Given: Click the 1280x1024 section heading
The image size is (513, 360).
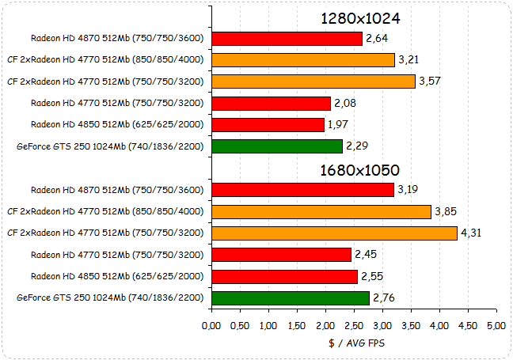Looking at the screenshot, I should pos(360,18).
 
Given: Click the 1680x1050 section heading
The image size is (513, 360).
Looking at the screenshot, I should pos(360,169).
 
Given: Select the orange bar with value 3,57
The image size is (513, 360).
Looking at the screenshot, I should pos(313,81).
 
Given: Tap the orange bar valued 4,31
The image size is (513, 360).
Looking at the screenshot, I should pos(334,233).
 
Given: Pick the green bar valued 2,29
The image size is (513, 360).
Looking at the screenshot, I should pos(277,146).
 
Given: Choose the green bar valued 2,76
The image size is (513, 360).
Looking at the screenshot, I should pos(291,297).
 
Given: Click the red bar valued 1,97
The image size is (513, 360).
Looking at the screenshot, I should pos(268,125).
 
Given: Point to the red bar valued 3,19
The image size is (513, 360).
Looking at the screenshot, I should pos(302,190).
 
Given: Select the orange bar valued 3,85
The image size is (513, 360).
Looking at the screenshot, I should pos(321,211).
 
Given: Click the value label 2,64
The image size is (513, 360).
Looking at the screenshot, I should pos(376,39).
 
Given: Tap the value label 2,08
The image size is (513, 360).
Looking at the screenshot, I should pos(344,104).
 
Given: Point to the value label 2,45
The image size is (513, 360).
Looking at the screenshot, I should pos(365,255).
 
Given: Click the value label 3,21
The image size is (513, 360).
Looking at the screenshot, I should pos(408,60).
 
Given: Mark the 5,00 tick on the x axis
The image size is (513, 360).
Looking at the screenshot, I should pos(496,325).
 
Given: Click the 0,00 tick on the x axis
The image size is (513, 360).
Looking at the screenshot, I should pos(211,325).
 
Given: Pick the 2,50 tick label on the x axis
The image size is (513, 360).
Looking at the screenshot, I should pos(354,325).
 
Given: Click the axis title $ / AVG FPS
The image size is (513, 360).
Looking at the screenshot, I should pos(354,343).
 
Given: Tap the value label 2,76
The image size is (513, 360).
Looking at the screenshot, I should pos(383,297).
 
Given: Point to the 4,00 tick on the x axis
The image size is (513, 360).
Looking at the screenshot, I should pos(439,325).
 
